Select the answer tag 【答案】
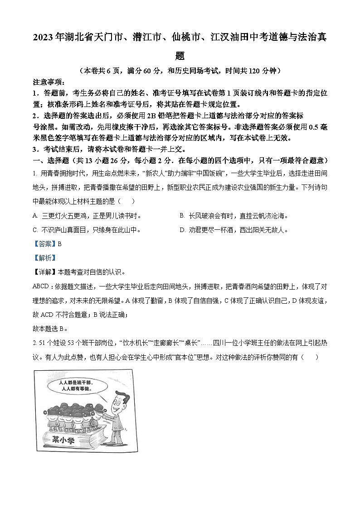[x=44, y=244]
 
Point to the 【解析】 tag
[x=44, y=258]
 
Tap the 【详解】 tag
[x=44, y=272]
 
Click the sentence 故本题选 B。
[x=50, y=329]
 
